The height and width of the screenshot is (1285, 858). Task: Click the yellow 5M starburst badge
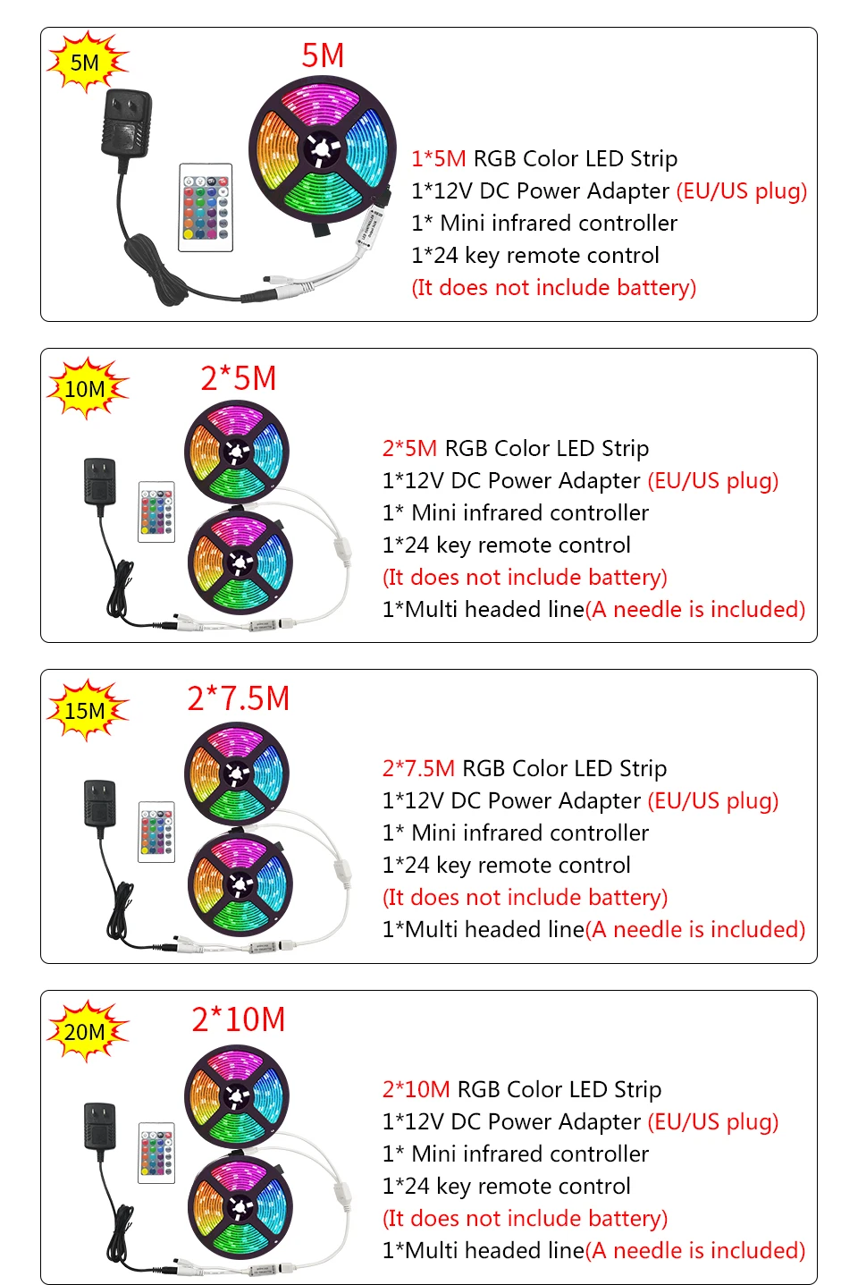pos(86,62)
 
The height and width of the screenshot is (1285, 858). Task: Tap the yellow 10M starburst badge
pos(86,389)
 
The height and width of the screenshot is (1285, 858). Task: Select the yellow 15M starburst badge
pos(86,711)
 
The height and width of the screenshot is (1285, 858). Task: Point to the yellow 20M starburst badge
pos(86,1032)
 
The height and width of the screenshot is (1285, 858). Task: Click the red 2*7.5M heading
pos(239,698)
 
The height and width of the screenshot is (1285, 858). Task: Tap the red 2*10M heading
pos(239,1019)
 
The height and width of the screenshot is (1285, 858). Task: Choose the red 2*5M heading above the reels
pos(239,378)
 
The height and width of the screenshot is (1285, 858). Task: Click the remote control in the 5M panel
pos(206,207)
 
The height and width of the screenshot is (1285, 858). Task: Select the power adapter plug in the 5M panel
pos(127,123)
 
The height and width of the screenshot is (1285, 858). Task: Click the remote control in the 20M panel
pos(156,1152)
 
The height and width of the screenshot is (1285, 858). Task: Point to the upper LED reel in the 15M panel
pos(237,774)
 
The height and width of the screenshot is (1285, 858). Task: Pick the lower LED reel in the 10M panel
pos(240,562)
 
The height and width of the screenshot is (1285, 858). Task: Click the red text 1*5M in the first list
pos(438,159)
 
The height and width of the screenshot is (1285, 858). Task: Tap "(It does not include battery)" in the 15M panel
pos(525,898)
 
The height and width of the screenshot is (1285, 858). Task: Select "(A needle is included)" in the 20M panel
pos(695,1250)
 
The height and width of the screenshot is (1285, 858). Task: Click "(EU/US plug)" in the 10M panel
pos(712,481)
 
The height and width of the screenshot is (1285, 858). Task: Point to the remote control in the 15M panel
pos(156,832)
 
